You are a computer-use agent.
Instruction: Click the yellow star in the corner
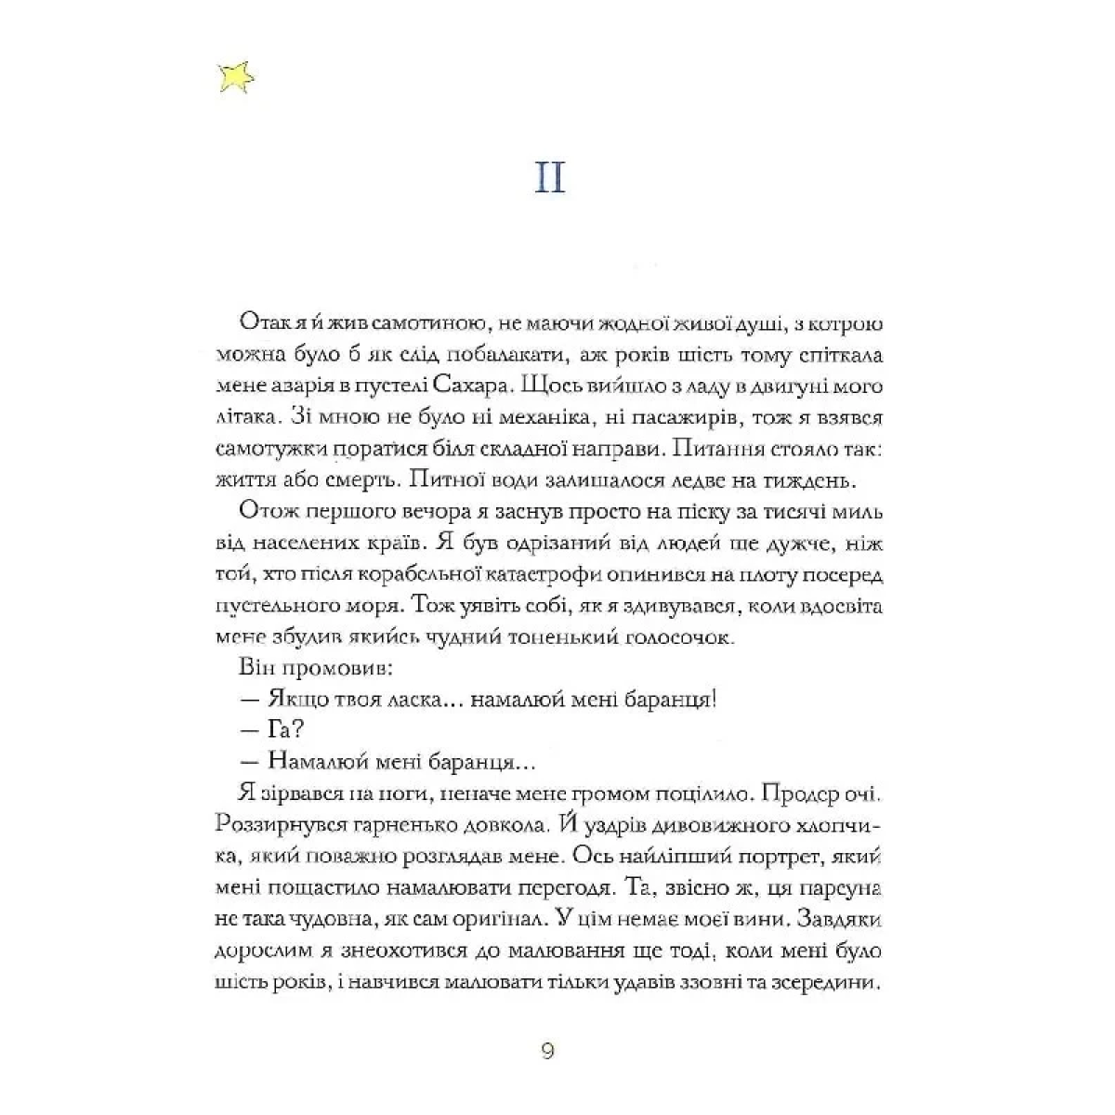click(235, 78)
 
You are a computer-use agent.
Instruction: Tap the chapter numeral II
click(550, 176)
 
